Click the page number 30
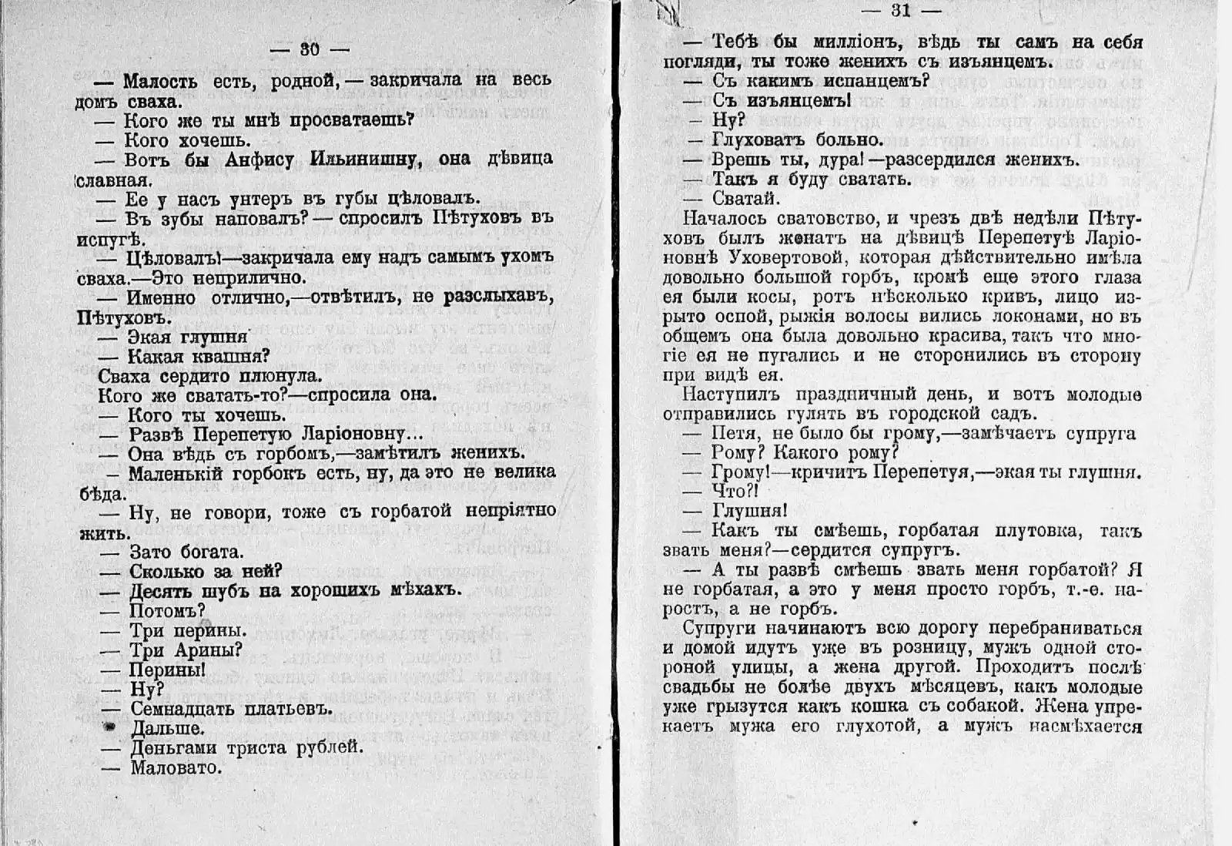tap(310, 49)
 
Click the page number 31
tap(901, 10)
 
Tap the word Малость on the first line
tap(161, 81)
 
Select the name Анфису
tap(262, 159)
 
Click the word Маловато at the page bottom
tap(176, 767)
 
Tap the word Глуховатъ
tap(758, 140)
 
